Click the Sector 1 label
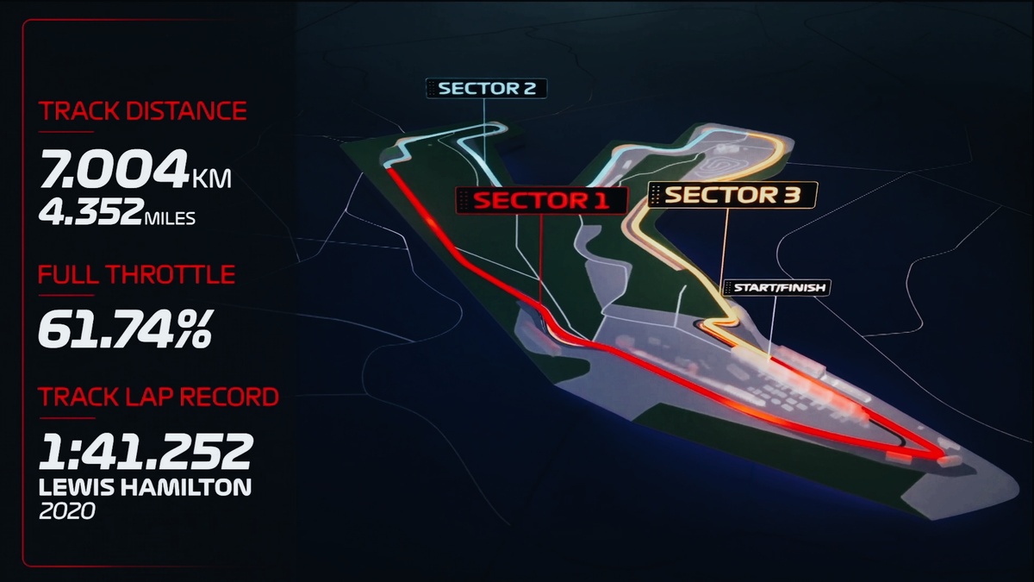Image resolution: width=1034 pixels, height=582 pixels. (x=541, y=200)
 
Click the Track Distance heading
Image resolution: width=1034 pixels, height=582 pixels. (x=142, y=111)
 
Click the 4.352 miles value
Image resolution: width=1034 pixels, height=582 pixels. (x=90, y=214)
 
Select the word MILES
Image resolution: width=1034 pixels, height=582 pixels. (x=170, y=218)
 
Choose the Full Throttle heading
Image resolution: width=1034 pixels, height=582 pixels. (x=136, y=275)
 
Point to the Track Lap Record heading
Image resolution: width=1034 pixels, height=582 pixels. (x=159, y=397)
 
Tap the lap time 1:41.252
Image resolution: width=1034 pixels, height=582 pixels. (x=146, y=450)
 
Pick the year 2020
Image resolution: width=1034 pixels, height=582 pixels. (x=66, y=511)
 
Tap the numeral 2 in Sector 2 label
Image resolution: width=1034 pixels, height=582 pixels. (x=531, y=88)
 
